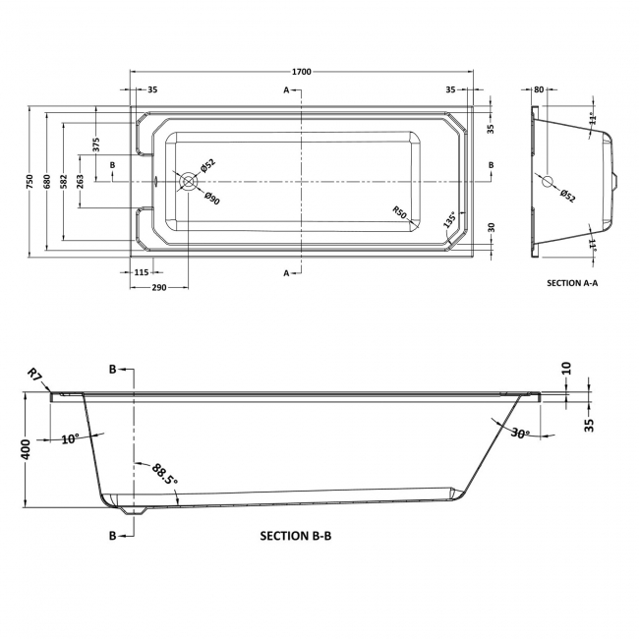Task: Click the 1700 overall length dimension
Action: (302, 72)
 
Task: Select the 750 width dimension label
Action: (30, 181)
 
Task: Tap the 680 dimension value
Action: (45, 181)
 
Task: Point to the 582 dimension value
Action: (62, 181)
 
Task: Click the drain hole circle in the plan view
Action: (188, 181)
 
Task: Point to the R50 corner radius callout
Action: (399, 211)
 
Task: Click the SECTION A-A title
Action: (572, 282)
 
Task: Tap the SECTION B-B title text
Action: (302, 536)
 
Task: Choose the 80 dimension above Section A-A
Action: (538, 89)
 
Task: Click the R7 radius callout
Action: (34, 374)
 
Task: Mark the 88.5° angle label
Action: (164, 476)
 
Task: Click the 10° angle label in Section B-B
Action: (68, 439)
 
